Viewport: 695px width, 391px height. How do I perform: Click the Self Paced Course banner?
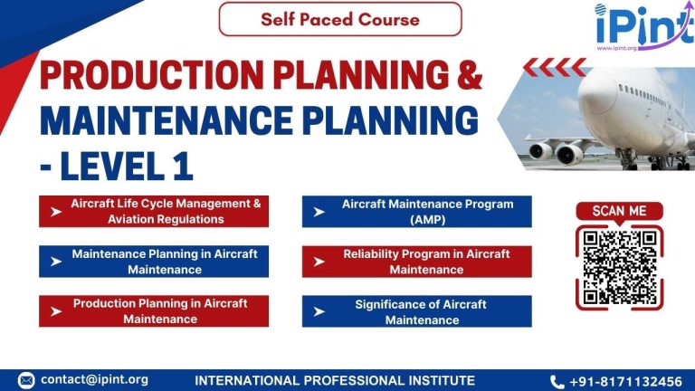click(339, 19)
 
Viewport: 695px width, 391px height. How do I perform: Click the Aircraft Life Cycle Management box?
click(154, 211)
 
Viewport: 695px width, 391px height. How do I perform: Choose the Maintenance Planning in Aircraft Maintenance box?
click(154, 262)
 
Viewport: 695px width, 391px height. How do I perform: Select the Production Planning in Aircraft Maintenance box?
click(154, 310)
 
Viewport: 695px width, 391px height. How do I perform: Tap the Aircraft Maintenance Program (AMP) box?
click(416, 211)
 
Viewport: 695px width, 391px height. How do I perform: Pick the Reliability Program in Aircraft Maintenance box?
click(416, 262)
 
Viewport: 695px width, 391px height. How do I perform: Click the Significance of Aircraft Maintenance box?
click(416, 310)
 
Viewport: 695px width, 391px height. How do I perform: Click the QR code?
click(619, 267)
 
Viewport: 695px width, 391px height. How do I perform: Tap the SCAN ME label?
click(619, 211)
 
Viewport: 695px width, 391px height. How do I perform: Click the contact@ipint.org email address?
click(94, 380)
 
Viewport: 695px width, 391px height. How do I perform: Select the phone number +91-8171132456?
click(630, 381)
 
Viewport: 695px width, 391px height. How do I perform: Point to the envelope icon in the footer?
click(26, 380)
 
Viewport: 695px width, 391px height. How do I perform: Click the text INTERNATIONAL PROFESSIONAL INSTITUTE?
click(335, 380)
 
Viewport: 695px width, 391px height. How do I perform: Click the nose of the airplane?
click(586, 91)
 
